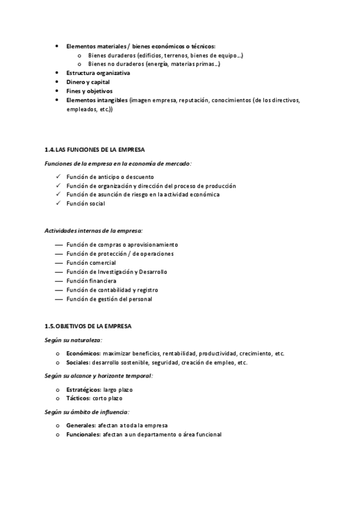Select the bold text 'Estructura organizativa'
pos(98,73)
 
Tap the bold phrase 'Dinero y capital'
pos(88,82)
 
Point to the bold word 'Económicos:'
pos(83,354)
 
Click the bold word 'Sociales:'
pos(79,363)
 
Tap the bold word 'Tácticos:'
pos(78,399)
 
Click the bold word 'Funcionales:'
pos(83,435)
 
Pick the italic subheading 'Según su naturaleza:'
pos(73,340)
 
